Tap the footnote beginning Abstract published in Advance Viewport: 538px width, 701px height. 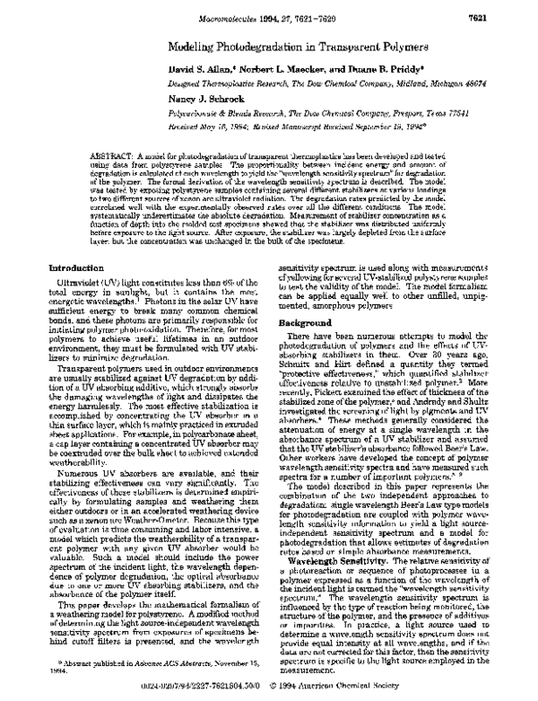pyautogui.click(x=143, y=664)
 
